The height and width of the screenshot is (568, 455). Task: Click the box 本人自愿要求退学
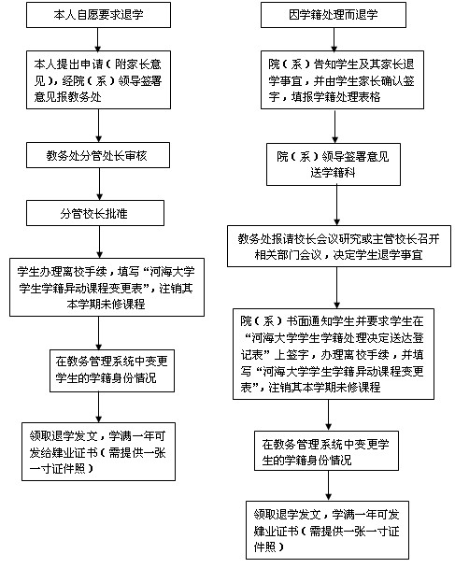pyautogui.click(x=98, y=15)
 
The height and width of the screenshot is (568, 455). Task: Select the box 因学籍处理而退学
pyautogui.click(x=334, y=15)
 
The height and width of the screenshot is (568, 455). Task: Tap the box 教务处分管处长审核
pyautogui.click(x=98, y=155)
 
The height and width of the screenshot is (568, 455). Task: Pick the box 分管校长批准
pyautogui.click(x=95, y=213)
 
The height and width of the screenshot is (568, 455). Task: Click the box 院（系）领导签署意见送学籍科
pyautogui.click(x=334, y=164)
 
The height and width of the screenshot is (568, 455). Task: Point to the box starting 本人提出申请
pyautogui.click(x=98, y=79)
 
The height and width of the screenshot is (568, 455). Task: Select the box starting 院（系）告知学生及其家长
pyautogui.click(x=342, y=79)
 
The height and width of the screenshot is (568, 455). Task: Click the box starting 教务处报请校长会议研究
pyautogui.click(x=339, y=247)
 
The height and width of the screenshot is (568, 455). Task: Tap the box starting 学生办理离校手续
pyautogui.click(x=107, y=287)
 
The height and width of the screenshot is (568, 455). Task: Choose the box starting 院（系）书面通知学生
pyautogui.click(x=334, y=354)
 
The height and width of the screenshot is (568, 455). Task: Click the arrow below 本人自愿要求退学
pyautogui.click(x=98, y=39)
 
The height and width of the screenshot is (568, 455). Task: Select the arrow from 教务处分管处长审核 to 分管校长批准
pyautogui.click(x=99, y=184)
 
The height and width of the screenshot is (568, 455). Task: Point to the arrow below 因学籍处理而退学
pyautogui.click(x=334, y=39)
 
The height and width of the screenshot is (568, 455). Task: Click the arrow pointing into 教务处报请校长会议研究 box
pyautogui.click(x=336, y=206)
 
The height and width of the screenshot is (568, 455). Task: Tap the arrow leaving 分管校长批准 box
pyautogui.click(x=99, y=242)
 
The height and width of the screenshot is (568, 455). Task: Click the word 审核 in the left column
pyautogui.click(x=136, y=156)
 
